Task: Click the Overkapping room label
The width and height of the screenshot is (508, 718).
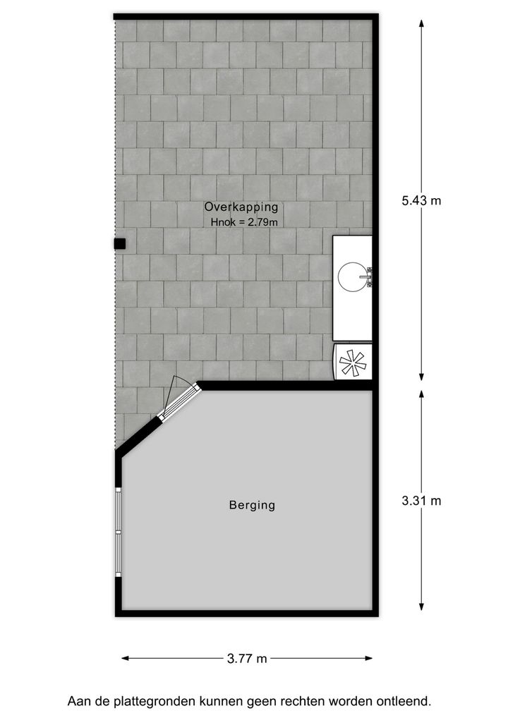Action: click(241, 207)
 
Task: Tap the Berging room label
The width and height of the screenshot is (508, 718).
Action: click(252, 505)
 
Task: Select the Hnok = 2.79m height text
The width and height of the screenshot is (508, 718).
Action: click(244, 223)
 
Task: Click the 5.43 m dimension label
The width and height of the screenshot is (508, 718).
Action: click(421, 200)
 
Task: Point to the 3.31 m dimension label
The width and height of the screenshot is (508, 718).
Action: click(421, 501)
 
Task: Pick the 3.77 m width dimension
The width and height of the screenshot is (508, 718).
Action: click(247, 659)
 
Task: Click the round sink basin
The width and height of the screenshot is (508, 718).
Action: click(353, 276)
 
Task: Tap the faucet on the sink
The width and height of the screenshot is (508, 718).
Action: click(368, 276)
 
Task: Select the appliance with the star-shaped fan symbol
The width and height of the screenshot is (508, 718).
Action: click(352, 363)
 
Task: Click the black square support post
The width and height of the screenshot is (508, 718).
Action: click(120, 244)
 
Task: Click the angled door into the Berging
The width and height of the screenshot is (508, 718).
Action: click(179, 401)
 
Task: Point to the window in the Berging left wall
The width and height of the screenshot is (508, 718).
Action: click(119, 532)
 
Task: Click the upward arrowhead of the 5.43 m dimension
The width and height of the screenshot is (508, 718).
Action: click(421, 23)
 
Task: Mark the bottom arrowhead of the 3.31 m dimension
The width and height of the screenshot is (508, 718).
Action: click(421, 606)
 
